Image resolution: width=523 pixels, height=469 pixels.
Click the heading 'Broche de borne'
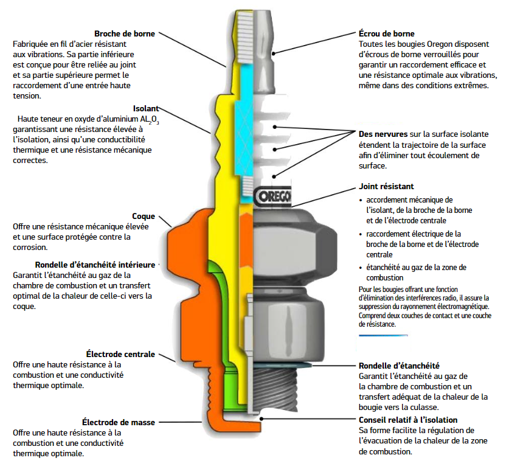point(125,34)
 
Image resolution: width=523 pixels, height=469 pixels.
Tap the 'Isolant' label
point(147,109)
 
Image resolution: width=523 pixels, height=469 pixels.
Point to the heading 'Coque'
point(144,216)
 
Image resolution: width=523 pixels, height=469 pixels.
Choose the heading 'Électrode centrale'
point(121,354)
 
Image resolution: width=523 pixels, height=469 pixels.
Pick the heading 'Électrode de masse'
point(119,422)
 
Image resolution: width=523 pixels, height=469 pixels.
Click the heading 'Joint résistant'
point(387,187)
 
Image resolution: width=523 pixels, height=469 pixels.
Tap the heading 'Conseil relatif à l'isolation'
point(408,420)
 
